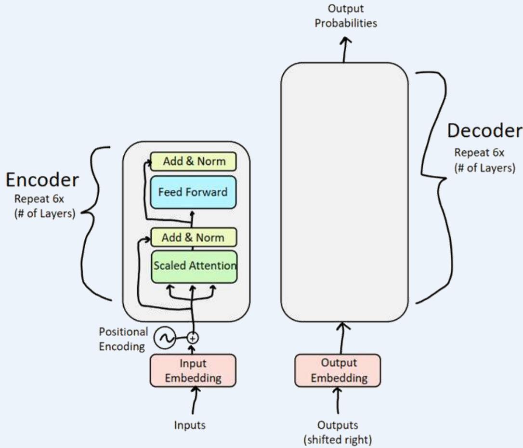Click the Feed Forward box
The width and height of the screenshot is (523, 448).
(193, 192)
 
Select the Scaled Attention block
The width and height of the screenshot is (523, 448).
(195, 266)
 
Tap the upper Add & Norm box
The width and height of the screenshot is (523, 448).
(194, 161)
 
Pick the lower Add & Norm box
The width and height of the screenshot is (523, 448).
(194, 237)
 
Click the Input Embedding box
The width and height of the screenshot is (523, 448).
(193, 370)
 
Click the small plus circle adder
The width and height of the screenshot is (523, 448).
(193, 338)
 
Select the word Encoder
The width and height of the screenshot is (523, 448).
(42, 180)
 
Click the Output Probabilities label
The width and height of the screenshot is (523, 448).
(346, 16)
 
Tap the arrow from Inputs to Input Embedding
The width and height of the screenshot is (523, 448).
(195, 401)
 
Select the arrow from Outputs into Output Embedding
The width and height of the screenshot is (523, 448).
(338, 401)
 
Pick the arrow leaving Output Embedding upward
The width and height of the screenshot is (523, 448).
(342, 338)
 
